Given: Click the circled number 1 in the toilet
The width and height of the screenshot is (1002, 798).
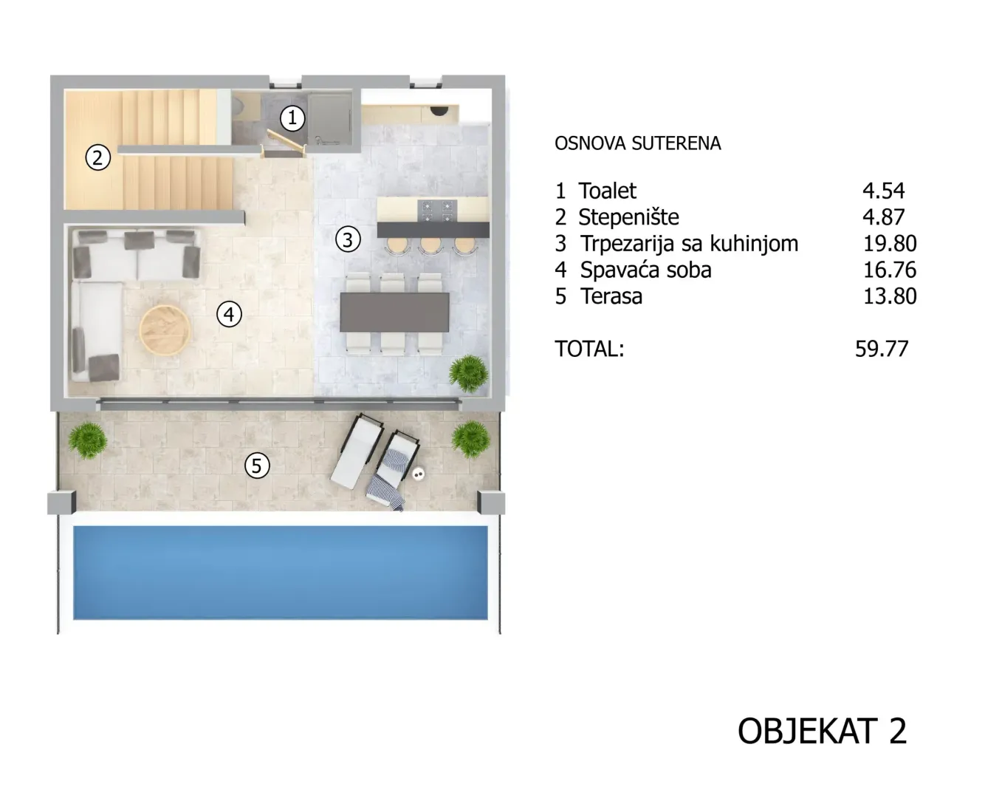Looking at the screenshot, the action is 292,118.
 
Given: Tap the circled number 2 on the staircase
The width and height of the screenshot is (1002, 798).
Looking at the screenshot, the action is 97,157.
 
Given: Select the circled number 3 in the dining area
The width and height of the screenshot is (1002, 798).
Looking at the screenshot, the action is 348,240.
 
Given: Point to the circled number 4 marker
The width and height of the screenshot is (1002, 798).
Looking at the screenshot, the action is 229,315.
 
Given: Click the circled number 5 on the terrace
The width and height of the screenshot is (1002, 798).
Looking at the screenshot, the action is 257,465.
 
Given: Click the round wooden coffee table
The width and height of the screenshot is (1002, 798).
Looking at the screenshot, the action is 165,330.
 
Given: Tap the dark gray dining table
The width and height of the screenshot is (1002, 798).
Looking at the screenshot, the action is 394,312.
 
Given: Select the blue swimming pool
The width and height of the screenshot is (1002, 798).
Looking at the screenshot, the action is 281,573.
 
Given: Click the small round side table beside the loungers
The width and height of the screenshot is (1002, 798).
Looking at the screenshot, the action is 418,474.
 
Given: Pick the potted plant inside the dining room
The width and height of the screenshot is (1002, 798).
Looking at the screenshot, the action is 469,374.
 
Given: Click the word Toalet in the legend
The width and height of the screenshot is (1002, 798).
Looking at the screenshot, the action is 607,191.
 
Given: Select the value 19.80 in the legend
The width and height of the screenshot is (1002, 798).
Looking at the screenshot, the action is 890,244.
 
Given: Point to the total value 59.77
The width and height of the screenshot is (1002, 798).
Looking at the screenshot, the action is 882,349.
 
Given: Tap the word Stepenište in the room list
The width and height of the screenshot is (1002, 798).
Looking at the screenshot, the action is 628,217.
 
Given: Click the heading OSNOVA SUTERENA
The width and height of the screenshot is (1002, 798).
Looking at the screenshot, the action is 638,143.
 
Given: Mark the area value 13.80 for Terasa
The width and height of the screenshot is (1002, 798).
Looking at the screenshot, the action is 890,296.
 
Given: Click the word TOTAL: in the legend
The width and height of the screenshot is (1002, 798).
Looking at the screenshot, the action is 589,349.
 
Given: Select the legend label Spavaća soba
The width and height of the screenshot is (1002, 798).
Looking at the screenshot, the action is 646,270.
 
